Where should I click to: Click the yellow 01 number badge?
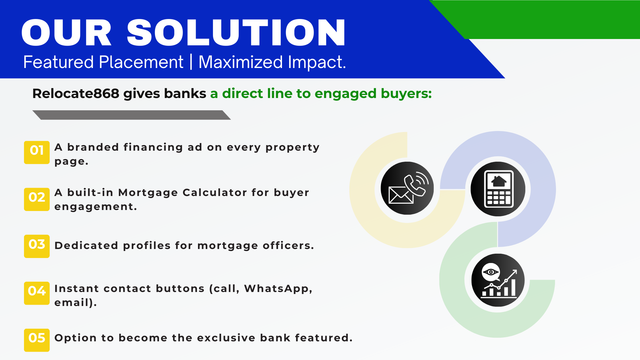point(37,152)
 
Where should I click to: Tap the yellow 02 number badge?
point(37,199)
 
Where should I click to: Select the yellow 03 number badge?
point(37,246)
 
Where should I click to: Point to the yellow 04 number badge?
point(37,293)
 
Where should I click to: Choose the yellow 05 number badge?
point(37,340)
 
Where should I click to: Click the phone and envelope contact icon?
point(407,188)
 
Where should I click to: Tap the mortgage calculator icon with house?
point(498,189)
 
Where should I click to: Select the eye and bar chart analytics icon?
point(498,280)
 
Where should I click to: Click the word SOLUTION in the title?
point(236,32)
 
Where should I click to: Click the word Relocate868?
point(76,94)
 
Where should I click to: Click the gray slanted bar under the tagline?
point(132,115)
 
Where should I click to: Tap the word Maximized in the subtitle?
point(241,62)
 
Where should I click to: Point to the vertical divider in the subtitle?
point(191,62)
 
